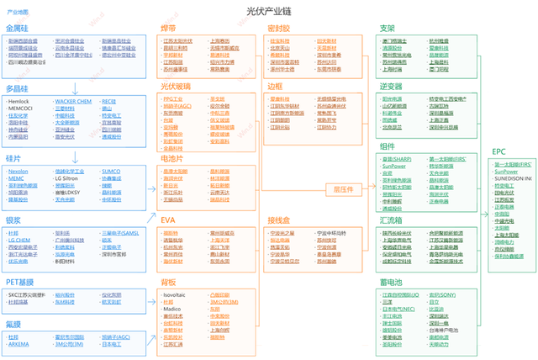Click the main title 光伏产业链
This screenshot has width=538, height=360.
tap(268, 12)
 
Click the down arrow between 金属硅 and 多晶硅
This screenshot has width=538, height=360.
tap(76, 75)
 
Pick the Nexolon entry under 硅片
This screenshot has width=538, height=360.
tap(18, 171)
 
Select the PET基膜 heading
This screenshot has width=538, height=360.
tap(20, 283)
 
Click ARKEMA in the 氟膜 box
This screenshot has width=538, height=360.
tap(19, 343)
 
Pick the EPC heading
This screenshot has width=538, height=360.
tap(498, 151)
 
